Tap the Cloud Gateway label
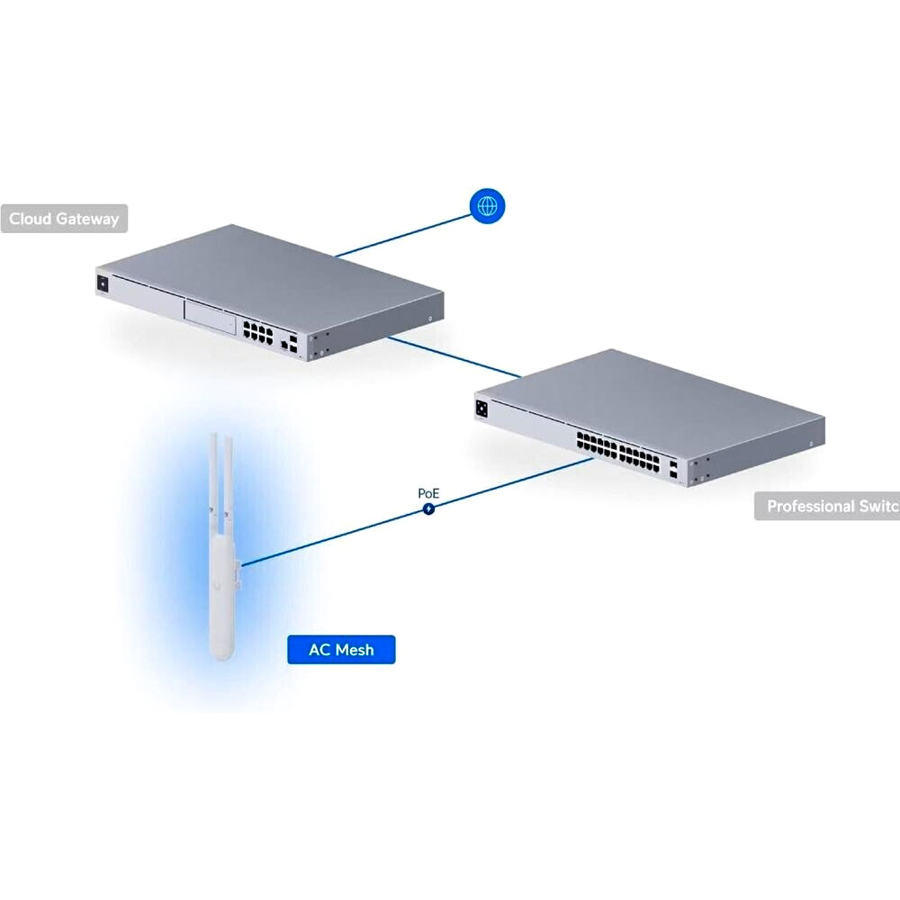(64, 219)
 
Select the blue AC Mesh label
(341, 649)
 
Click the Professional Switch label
(830, 506)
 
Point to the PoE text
(428, 493)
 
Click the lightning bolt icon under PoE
(428, 509)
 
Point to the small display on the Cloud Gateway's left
(103, 283)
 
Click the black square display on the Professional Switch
(483, 409)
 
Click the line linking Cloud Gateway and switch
(454, 357)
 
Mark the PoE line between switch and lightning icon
(513, 484)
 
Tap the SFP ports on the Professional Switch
(675, 469)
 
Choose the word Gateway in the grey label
(87, 219)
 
